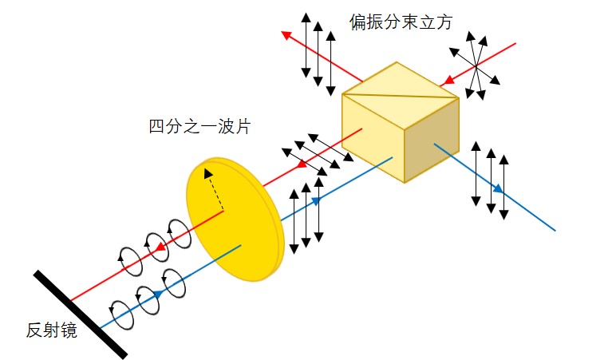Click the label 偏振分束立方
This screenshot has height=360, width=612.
[401, 22]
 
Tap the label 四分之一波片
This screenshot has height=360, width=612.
[199, 126]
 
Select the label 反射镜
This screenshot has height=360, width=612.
[52, 330]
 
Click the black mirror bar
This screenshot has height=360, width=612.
[80, 314]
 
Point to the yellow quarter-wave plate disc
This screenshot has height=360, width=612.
[235, 220]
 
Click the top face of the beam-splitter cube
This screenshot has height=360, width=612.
[400, 95]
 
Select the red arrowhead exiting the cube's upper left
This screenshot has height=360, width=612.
[287, 35]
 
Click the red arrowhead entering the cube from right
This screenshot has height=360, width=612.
[450, 80]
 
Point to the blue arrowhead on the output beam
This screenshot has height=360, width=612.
[498, 189]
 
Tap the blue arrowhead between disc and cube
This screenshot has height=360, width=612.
[315, 200]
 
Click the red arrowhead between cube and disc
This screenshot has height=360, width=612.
[302, 164]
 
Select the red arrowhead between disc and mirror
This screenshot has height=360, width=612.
[160, 247]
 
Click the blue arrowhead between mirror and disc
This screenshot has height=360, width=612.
[158, 293]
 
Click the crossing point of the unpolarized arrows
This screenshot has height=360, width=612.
[476, 67]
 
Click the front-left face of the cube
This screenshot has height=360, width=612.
[373, 137]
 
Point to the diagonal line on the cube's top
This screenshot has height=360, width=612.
[400, 96]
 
